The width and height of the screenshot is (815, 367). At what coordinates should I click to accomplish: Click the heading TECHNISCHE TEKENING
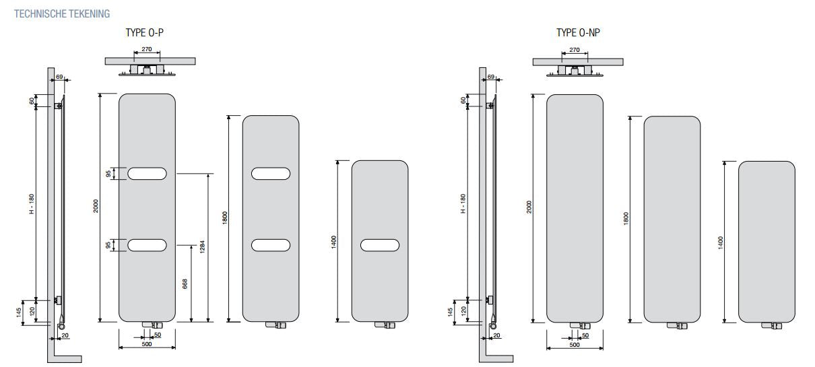(62, 14)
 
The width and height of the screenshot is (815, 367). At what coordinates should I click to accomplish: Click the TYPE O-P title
(144, 33)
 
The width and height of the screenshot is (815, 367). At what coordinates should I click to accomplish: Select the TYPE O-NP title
(578, 33)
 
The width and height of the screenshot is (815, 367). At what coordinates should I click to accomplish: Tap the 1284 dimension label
(202, 246)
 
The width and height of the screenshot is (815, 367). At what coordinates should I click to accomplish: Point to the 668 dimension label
(185, 283)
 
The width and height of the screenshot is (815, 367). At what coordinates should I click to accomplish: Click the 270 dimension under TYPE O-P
(147, 49)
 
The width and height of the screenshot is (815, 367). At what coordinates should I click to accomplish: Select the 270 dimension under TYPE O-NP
(575, 50)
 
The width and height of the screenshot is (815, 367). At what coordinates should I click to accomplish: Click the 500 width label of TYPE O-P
(147, 344)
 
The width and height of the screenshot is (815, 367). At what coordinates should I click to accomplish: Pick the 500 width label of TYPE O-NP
(575, 345)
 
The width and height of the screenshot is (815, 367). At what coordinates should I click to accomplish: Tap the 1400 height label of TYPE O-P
(333, 242)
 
